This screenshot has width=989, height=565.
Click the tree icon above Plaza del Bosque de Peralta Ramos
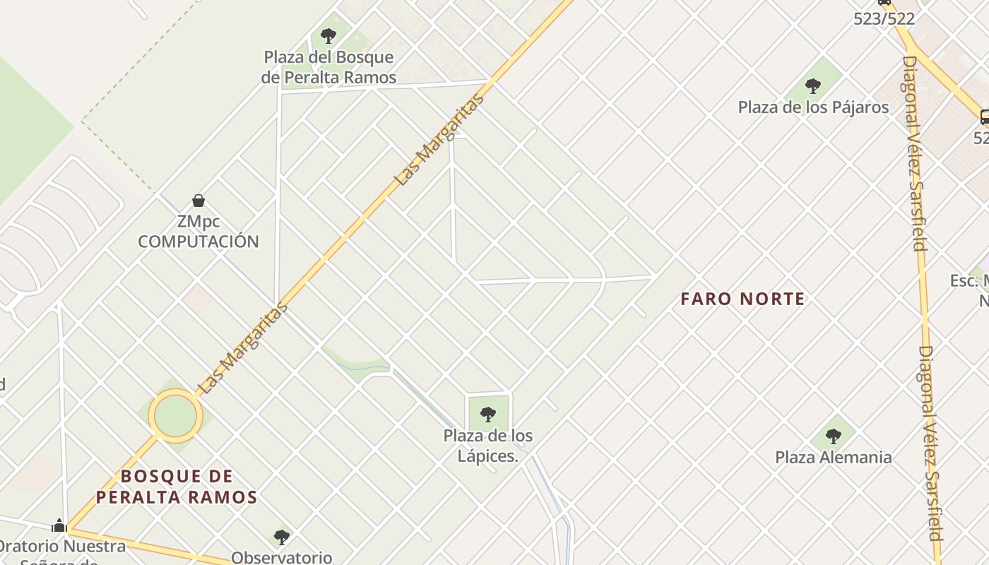[328, 35]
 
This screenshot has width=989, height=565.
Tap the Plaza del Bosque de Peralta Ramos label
[328, 67]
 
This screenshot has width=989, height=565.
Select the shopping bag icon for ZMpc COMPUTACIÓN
[199, 201]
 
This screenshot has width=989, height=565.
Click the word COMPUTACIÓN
[199, 242]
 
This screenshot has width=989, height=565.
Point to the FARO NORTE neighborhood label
[742, 299]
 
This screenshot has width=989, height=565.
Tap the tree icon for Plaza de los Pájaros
[813, 86]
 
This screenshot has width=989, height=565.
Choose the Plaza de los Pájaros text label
[813, 107]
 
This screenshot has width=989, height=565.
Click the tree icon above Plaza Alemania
[834, 436]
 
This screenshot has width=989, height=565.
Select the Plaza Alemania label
[834, 457]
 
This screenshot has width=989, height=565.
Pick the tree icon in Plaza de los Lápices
[488, 414]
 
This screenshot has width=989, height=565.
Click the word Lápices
[487, 456]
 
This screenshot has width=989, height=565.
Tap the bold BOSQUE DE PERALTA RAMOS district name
[177, 487]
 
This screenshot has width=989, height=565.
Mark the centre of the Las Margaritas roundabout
[175, 416]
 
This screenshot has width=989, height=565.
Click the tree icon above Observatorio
[282, 537]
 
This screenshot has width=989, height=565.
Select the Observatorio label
[282, 557]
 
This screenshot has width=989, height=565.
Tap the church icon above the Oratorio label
[59, 525]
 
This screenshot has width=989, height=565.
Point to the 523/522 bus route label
[884, 19]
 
